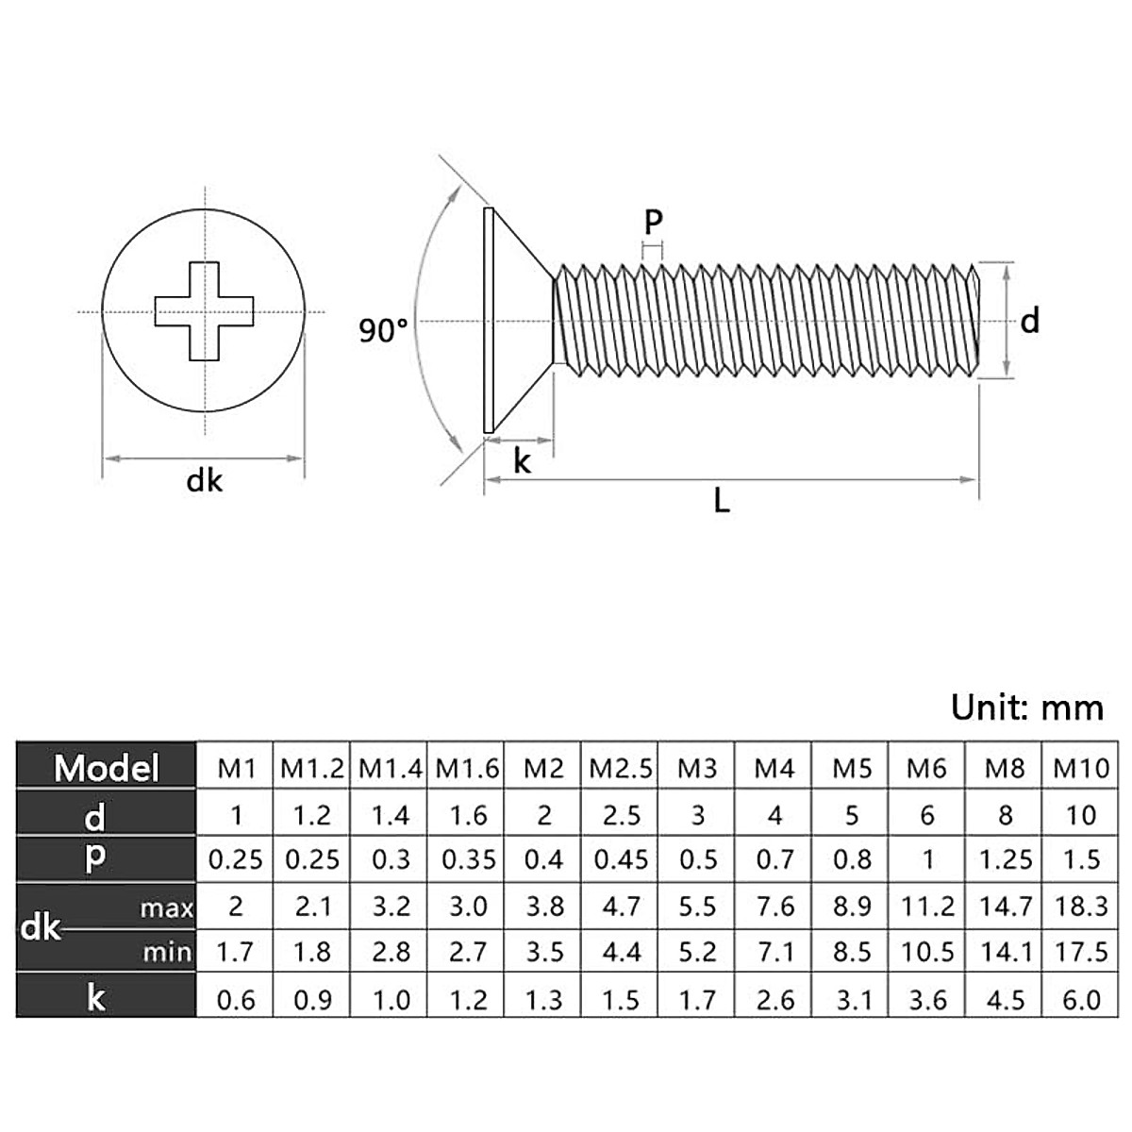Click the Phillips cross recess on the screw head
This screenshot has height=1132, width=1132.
pyautogui.click(x=205, y=311)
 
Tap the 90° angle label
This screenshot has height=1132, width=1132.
pyautogui.click(x=384, y=331)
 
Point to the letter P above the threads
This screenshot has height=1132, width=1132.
pyautogui.click(x=653, y=223)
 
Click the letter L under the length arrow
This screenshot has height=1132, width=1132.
pyautogui.click(x=722, y=501)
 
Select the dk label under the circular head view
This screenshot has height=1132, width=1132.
pyautogui.click(x=205, y=481)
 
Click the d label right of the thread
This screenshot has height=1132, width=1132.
pyautogui.click(x=1030, y=322)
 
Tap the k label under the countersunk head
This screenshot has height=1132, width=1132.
pyautogui.click(x=522, y=461)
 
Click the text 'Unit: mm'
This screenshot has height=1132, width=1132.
pyautogui.click(x=1026, y=707)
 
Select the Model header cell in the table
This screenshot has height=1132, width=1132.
pyautogui.click(x=107, y=768)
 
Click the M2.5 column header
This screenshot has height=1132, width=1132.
pyautogui.click(x=621, y=769)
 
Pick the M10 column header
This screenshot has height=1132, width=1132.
pyautogui.click(x=1081, y=769)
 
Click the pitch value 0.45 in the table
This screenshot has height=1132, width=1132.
pyautogui.click(x=621, y=860)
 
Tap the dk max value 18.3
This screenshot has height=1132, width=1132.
pyautogui.click(x=1081, y=907)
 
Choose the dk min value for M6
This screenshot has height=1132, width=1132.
pyautogui.click(x=927, y=952)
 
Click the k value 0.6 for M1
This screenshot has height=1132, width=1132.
pyautogui.click(x=236, y=999)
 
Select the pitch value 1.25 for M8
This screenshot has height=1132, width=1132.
pyautogui.click(x=1005, y=860)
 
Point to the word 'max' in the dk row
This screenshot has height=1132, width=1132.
pyautogui.click(x=166, y=909)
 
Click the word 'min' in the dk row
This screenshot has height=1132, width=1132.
pyautogui.click(x=167, y=953)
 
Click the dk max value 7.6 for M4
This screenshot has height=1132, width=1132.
pyautogui.click(x=774, y=907)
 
